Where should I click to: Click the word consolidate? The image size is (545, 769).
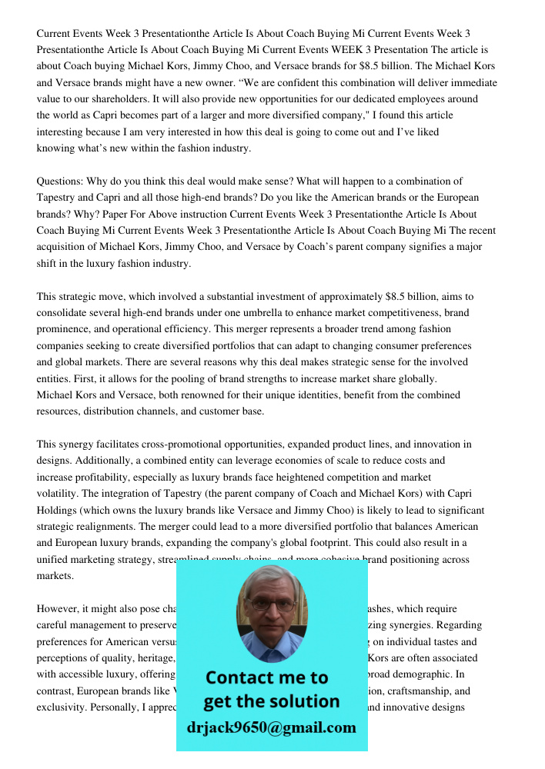coord(64,313)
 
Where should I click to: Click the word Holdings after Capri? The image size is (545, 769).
coord(57,510)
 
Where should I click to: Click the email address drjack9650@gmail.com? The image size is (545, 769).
coord(272,727)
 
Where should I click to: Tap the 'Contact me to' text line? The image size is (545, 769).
coord(267,677)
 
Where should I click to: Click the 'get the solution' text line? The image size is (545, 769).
coord(272,701)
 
